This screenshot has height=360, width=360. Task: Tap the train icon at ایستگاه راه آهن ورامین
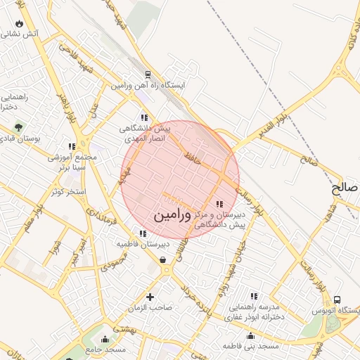[x=148, y=75]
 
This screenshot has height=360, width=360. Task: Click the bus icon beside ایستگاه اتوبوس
[x=337, y=300]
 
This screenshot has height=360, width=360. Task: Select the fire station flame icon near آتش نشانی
[x=18, y=23]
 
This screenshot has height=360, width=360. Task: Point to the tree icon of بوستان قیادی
[x=18, y=127]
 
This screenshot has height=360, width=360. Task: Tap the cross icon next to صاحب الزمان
[x=148, y=297]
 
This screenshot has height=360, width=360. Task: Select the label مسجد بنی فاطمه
[x=251, y=346]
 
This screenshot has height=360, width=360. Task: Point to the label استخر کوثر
[x=69, y=191]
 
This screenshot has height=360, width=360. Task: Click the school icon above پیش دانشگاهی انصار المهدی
[x=144, y=118]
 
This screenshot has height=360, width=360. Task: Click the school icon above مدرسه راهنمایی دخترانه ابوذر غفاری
[x=253, y=296]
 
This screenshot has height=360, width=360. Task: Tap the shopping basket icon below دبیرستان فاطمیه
[x=163, y=259]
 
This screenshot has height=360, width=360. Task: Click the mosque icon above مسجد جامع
[x=105, y=340]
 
